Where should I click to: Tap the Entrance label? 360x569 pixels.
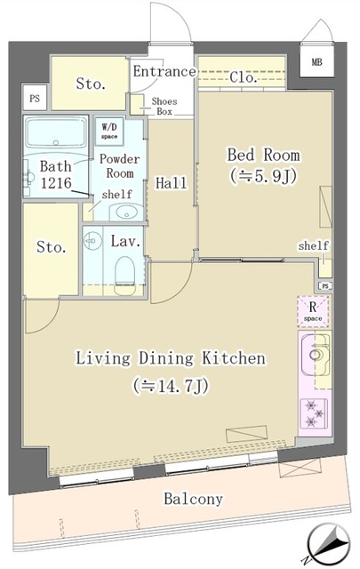pyautogui.click(x=164, y=72)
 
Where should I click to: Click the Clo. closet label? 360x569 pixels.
pyautogui.click(x=244, y=78)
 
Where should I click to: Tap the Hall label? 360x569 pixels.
pyautogui.click(x=171, y=183)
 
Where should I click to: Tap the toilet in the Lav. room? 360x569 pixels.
pyautogui.click(x=125, y=267)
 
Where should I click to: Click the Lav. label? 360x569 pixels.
pyautogui.click(x=123, y=239)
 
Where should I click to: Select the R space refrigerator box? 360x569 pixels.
pyautogui.click(x=313, y=311)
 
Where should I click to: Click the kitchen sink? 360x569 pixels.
pyautogui.click(x=314, y=357)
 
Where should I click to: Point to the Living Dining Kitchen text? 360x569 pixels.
pyautogui.click(x=170, y=359)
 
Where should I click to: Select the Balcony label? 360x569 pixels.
pyautogui.click(x=193, y=499)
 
